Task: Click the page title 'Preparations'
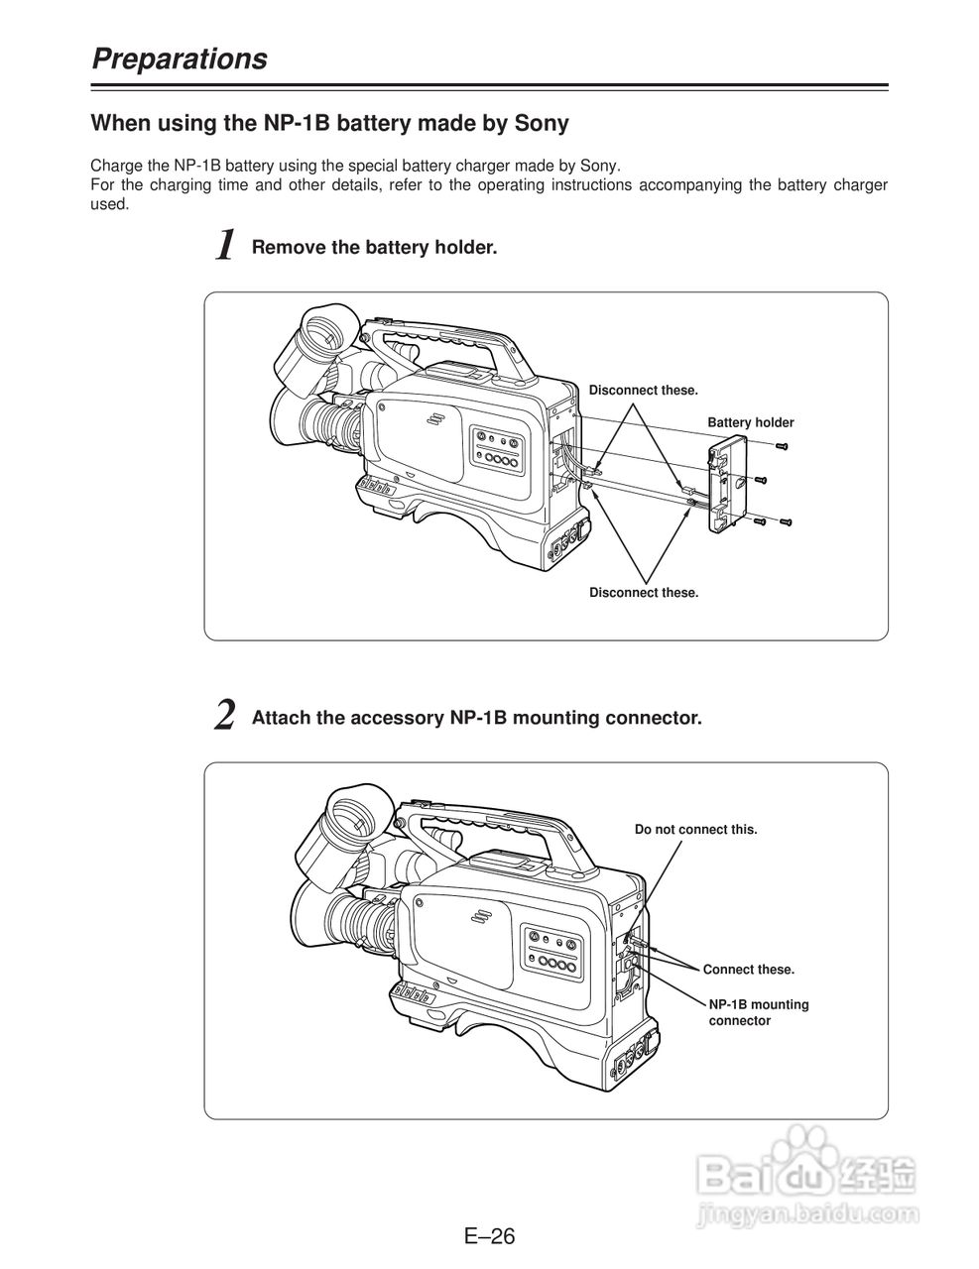coord(180,59)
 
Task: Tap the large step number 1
coord(226,245)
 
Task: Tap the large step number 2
coord(225,716)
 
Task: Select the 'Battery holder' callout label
coord(751,422)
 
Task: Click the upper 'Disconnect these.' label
coord(643,390)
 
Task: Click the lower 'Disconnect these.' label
coord(644,593)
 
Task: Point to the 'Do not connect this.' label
coord(695,829)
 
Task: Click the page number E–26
coord(490,1234)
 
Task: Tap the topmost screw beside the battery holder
coord(782,447)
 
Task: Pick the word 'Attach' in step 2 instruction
coord(282,718)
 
